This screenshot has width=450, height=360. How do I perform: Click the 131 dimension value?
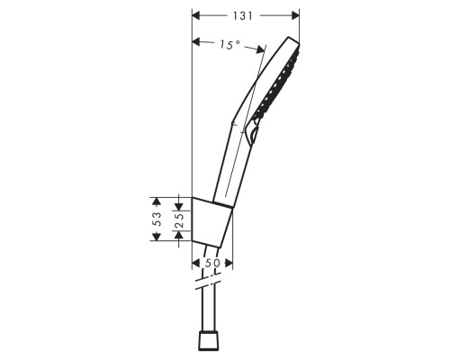pyautogui.click(x=244, y=15)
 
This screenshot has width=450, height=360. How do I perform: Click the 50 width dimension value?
pyautogui.click(x=213, y=261)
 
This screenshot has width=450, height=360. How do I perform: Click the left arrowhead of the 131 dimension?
pyautogui.click(x=198, y=15)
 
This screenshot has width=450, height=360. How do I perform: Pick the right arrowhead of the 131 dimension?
pyautogui.click(x=295, y=15)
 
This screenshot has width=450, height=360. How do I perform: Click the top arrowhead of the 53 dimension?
pyautogui.click(x=157, y=199)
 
